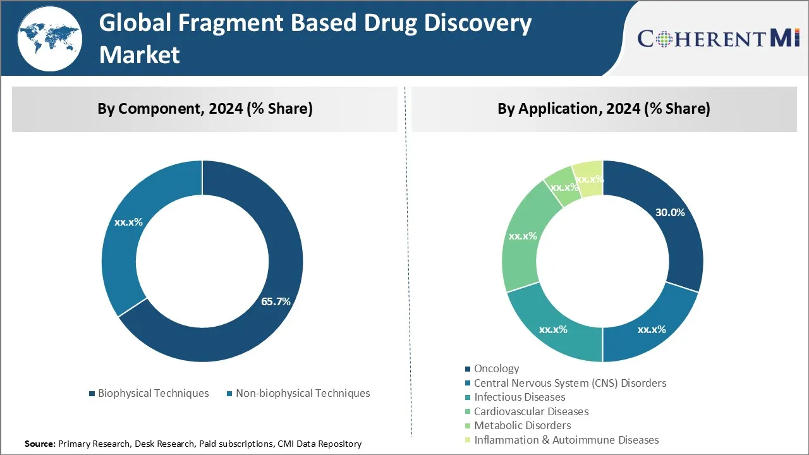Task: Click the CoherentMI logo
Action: (x=719, y=39)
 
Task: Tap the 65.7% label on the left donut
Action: (x=276, y=301)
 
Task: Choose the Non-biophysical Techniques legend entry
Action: (x=303, y=393)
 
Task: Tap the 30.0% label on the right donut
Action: (x=670, y=212)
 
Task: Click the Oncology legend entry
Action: (x=496, y=368)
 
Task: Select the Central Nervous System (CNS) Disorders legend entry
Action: (x=569, y=383)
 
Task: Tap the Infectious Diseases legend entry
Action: (x=519, y=397)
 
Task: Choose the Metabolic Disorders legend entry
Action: (x=522, y=425)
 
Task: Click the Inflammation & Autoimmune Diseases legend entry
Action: (x=566, y=440)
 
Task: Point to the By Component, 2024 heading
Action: (x=205, y=109)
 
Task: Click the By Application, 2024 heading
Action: (x=604, y=109)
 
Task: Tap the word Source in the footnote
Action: (x=40, y=444)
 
